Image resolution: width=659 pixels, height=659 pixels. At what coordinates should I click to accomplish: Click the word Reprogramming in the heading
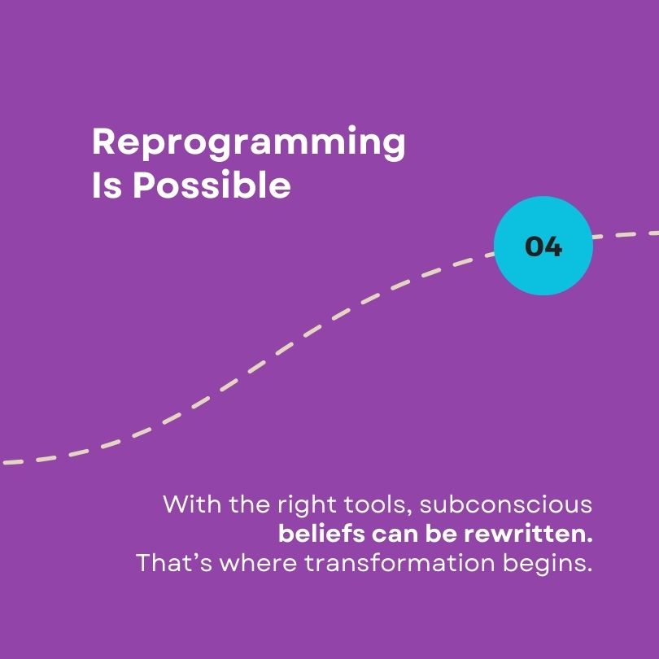coord(248,143)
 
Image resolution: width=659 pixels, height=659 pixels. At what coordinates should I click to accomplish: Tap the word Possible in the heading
coord(212,185)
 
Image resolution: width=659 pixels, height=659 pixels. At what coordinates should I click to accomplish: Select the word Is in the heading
coord(107,185)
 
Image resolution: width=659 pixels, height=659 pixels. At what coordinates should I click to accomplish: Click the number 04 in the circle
coord(543,247)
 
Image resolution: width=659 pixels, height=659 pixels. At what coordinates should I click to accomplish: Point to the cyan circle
coord(543,246)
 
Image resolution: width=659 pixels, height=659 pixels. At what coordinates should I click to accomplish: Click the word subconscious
coord(506,504)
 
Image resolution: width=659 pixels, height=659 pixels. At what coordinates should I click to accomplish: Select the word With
coord(192,504)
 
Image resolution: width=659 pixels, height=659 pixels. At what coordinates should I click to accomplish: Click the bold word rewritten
coord(528,534)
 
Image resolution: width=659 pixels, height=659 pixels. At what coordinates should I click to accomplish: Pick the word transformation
coord(399,563)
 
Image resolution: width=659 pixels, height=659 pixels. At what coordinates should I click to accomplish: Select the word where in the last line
coord(259,564)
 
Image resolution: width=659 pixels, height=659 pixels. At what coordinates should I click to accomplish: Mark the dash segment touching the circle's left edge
coord(489,255)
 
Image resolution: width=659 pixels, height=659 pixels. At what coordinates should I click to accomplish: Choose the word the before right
coord(249,504)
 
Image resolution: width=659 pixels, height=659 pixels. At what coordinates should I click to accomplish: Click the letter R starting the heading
coord(103,142)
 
